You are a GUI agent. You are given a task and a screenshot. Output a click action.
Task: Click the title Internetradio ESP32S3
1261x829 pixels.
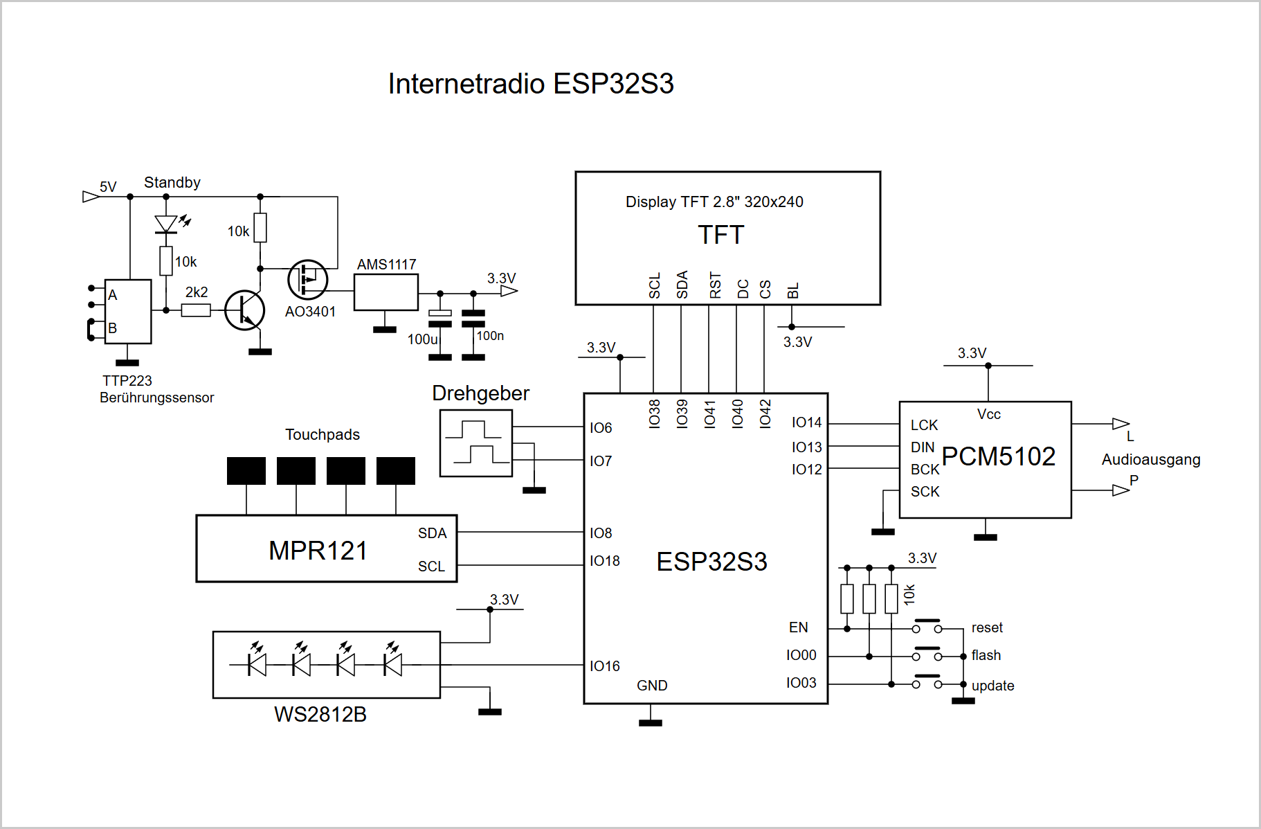click(531, 84)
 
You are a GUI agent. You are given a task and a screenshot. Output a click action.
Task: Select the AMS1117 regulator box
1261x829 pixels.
click(386, 292)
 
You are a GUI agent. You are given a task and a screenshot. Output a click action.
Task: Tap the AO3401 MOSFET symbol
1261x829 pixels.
click(307, 280)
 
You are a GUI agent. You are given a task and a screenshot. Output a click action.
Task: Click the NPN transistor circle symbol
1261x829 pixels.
click(245, 310)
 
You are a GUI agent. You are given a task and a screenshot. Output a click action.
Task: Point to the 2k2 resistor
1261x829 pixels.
click(196, 310)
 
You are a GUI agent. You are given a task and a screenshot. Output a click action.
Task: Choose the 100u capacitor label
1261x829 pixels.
click(422, 339)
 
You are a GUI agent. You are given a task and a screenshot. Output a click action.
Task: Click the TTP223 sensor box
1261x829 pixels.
click(128, 312)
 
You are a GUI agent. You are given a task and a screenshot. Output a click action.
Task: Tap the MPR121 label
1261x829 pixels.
click(318, 551)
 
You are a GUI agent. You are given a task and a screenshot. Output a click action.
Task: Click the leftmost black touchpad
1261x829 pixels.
click(246, 471)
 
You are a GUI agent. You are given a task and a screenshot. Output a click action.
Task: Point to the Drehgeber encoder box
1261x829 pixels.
click(476, 443)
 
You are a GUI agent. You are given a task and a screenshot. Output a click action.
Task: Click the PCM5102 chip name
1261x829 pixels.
click(999, 456)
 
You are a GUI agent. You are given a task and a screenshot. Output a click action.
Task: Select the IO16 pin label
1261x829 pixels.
click(605, 666)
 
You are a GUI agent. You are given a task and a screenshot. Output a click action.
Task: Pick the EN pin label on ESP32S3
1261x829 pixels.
click(799, 627)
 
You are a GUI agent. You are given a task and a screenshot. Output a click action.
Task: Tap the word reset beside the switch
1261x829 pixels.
click(987, 627)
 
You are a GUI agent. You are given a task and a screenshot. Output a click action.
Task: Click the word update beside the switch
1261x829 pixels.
click(993, 686)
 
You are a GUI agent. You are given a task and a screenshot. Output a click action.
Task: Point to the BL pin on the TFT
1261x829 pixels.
click(793, 291)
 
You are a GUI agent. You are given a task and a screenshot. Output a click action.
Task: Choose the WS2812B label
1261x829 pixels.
click(320, 714)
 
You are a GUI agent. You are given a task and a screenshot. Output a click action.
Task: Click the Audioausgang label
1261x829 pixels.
click(1151, 460)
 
